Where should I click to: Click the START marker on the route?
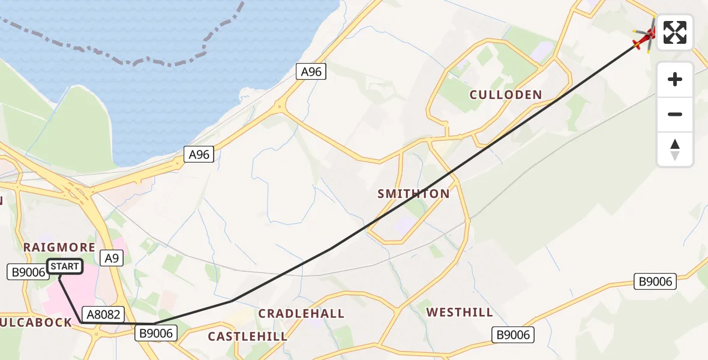pyautogui.click(x=64, y=266)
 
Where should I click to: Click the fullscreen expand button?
pyautogui.click(x=675, y=32)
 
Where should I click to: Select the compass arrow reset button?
pyautogui.click(x=675, y=149)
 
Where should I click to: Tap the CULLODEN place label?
pyautogui.click(x=506, y=95)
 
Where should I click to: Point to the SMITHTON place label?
pyautogui.click(x=413, y=194)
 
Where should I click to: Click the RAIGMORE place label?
pyautogui.click(x=59, y=247)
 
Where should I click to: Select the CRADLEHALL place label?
pyautogui.click(x=301, y=314)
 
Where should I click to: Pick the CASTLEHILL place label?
pyautogui.click(x=248, y=337)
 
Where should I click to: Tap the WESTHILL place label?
pyautogui.click(x=460, y=313)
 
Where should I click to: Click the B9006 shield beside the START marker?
pyautogui.click(x=27, y=272)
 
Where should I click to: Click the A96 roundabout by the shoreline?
pyautogui.click(x=279, y=108)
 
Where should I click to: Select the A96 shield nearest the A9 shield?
pyautogui.click(x=199, y=155)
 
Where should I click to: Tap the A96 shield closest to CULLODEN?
pyautogui.click(x=311, y=72)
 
